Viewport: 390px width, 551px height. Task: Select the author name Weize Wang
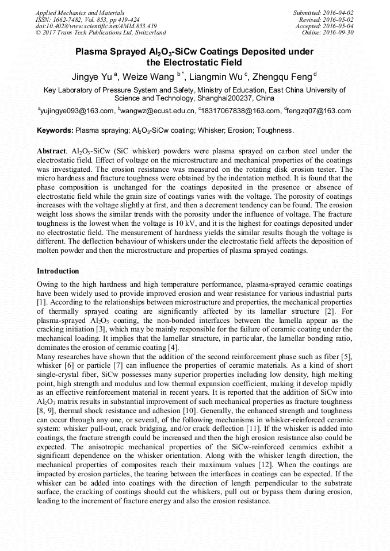150,77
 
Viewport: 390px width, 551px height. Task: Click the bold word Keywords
55,130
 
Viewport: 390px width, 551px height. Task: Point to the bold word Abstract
52,150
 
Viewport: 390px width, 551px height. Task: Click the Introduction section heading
58,271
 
